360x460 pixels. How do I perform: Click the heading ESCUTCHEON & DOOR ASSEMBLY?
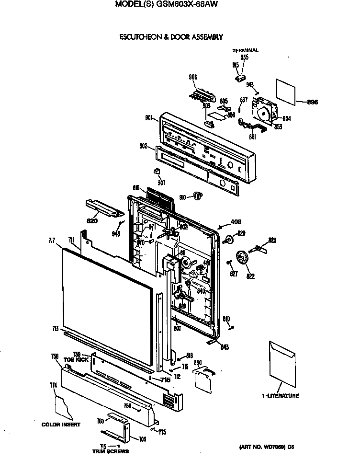[171, 36]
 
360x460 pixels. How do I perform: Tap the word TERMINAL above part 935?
[245, 50]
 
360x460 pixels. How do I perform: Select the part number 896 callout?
[312, 102]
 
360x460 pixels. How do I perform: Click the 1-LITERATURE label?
[280, 396]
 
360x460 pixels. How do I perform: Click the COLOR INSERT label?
[61, 425]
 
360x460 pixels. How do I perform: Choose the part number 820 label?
[92, 221]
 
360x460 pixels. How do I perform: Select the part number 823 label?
[272, 240]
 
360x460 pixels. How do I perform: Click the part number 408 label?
[236, 222]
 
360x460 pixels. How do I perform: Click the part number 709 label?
[143, 438]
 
